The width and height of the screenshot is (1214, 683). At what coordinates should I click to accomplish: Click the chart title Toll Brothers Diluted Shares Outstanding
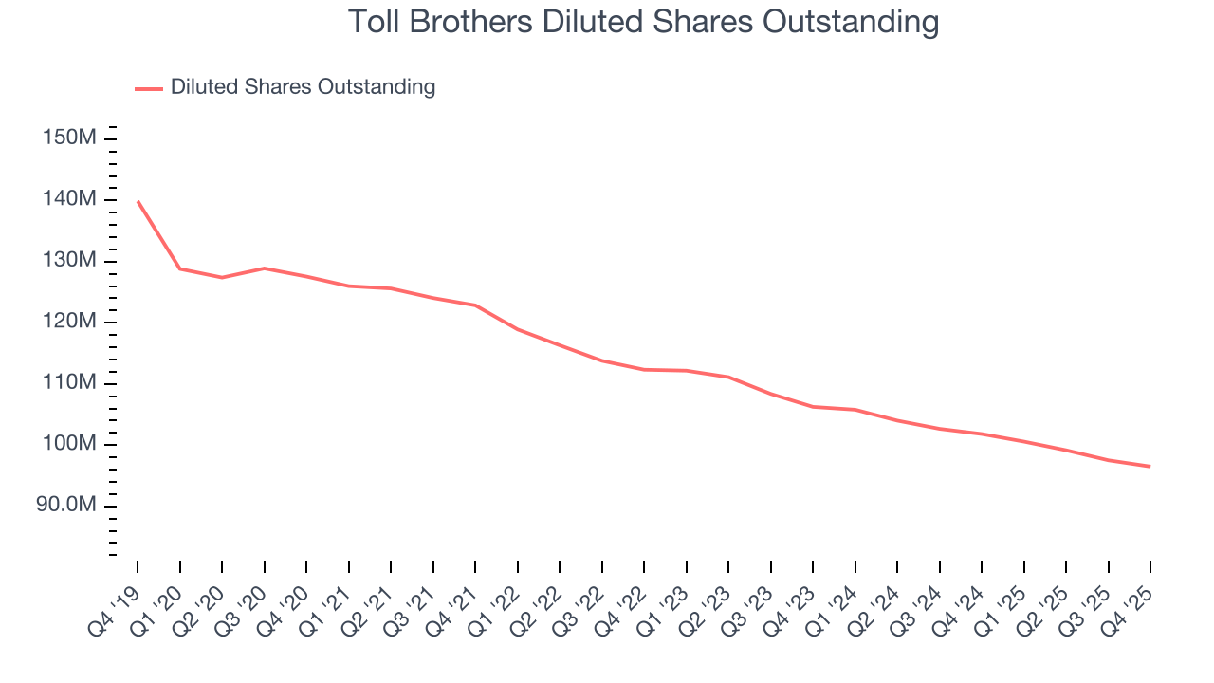point(644,22)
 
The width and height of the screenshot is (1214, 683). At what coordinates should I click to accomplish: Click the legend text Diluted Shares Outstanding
point(303,87)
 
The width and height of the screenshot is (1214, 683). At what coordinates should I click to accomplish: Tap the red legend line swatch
point(149,88)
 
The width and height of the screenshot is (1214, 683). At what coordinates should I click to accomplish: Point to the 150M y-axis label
point(69,138)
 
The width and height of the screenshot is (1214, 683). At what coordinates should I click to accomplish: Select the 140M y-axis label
point(69,199)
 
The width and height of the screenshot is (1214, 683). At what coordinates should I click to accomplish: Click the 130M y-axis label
point(69,261)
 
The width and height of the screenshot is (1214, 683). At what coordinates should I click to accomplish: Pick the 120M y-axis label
point(69,322)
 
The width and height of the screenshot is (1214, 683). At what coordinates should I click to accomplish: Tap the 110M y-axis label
point(69,383)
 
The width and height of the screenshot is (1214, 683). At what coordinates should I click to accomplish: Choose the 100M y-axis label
point(69,444)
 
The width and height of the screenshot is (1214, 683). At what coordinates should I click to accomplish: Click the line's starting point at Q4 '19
point(138,201)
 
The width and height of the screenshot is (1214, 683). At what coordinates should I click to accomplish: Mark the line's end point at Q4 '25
point(1150,467)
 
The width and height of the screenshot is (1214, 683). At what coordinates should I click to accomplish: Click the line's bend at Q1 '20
point(179,268)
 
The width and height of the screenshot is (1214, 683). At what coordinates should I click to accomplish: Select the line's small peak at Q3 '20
point(264,268)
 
